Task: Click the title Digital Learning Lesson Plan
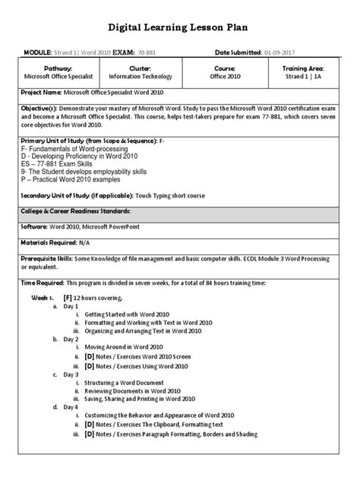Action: [x=180, y=28]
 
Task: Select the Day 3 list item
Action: [x=71, y=374]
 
